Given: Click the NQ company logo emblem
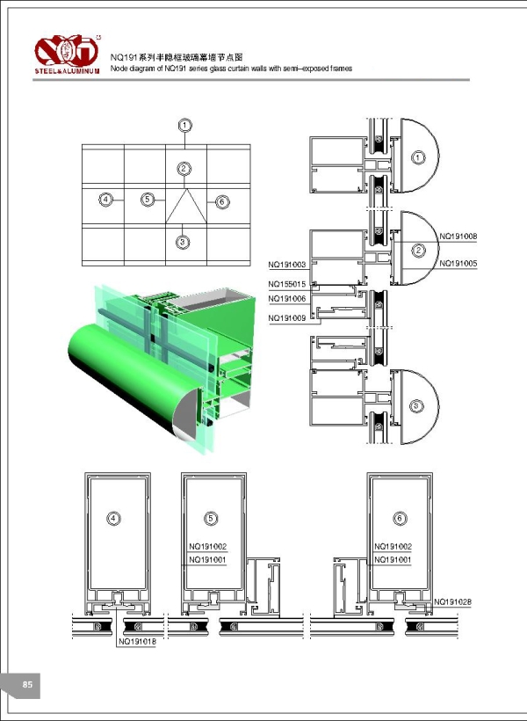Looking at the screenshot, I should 68,47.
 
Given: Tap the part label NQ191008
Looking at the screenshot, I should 457,236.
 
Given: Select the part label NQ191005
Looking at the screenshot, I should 457,263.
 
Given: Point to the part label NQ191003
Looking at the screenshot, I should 287,264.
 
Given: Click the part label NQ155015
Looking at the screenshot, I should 287,284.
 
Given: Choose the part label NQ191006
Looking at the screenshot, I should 287,299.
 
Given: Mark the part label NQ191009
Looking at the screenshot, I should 287,317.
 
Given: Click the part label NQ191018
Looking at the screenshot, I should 136,641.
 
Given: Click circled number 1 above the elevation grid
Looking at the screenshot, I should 184,126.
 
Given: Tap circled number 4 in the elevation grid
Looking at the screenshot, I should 105,200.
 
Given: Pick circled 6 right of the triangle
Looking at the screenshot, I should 221,201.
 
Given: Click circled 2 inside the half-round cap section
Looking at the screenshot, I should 419,251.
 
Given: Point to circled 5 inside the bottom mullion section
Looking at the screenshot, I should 209,519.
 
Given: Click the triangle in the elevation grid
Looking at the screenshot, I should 184,209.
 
